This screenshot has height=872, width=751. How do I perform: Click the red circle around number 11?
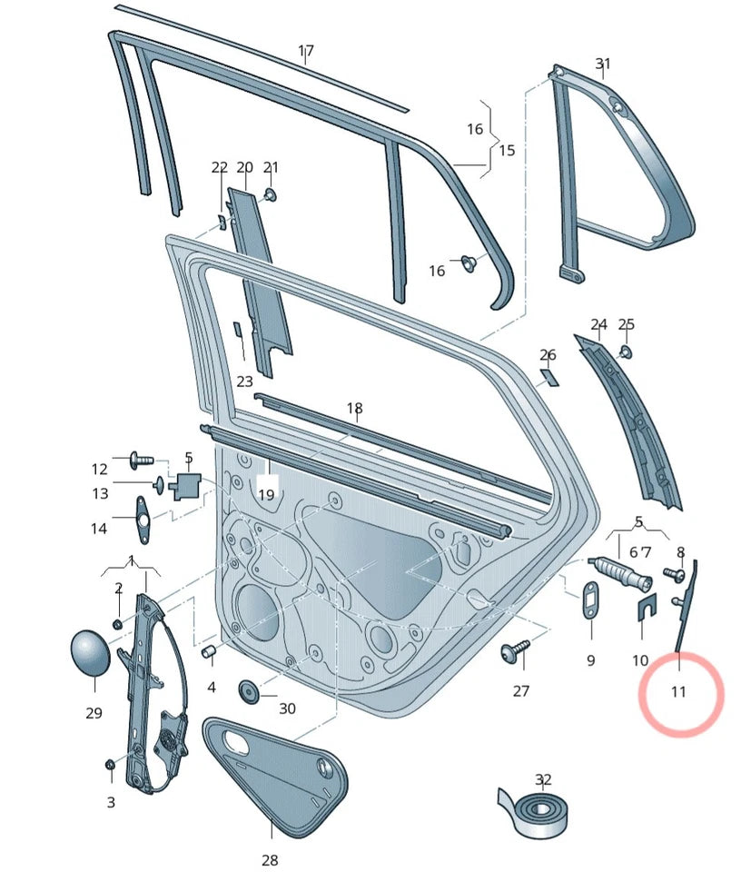(x=680, y=696)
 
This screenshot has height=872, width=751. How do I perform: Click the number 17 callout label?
(x=306, y=51)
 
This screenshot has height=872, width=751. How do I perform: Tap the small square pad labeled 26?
(x=548, y=376)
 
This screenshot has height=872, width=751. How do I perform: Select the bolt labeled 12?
(x=142, y=462)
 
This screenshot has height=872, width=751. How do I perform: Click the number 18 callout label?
(x=354, y=409)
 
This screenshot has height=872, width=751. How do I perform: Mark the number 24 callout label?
(x=598, y=324)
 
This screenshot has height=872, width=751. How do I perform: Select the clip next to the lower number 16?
(x=469, y=263)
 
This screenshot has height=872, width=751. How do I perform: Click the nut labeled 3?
(x=110, y=766)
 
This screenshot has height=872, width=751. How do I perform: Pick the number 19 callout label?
(x=266, y=495)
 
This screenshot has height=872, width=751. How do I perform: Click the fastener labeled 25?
(x=626, y=351)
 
